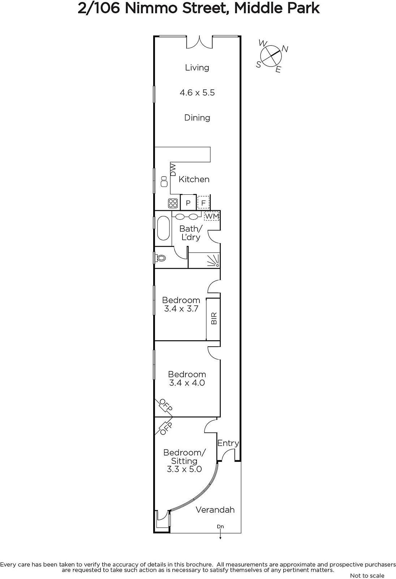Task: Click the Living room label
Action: tap(197, 68)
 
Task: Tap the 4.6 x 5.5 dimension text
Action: tap(197, 93)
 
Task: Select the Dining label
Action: tap(197, 118)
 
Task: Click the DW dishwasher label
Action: tap(173, 170)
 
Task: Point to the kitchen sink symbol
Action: tap(164, 181)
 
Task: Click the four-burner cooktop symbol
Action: tap(173, 203)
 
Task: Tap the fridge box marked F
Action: tap(203, 203)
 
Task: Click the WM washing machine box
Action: tap(212, 216)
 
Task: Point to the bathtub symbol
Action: tap(163, 229)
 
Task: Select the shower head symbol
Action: tap(214, 261)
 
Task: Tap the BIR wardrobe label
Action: tap(214, 318)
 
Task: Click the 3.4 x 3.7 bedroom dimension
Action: tap(181, 308)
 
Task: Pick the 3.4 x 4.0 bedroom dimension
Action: tap(187, 383)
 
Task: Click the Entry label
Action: tap(228, 443)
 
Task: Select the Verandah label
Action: tap(215, 510)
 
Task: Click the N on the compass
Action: tap(285, 48)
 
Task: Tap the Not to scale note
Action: tap(367, 575)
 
